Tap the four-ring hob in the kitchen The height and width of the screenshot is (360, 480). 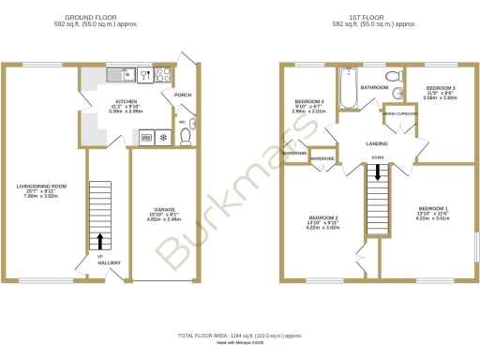[x=161, y=74]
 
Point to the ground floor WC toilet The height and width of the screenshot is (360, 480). [x=186, y=137]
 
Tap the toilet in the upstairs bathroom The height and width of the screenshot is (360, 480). [x=394, y=75]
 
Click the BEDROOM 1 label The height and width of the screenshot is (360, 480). [x=433, y=207]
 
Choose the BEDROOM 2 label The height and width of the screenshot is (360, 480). [x=323, y=217]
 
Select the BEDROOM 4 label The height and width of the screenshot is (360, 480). [x=309, y=100]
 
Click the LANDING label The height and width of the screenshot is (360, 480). [x=377, y=143]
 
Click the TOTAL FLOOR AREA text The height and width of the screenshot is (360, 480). [x=240, y=335]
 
